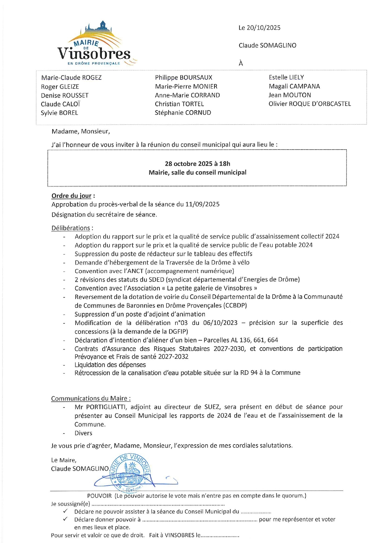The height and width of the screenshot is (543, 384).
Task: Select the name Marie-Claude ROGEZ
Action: (x=71, y=78)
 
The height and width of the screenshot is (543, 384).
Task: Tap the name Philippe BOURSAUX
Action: (x=183, y=78)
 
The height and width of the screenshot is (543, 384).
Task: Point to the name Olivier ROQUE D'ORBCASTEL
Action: (x=309, y=104)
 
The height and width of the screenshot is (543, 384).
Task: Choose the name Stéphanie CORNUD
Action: (x=183, y=113)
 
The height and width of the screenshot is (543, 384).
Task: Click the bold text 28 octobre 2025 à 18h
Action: (x=197, y=164)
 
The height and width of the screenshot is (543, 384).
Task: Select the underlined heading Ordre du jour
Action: (x=71, y=196)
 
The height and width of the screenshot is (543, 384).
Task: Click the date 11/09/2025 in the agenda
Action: (x=202, y=204)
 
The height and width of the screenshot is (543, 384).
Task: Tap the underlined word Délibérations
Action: (x=71, y=228)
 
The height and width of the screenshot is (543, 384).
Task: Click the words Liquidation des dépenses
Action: (x=110, y=365)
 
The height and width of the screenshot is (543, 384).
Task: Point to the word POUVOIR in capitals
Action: (x=99, y=496)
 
